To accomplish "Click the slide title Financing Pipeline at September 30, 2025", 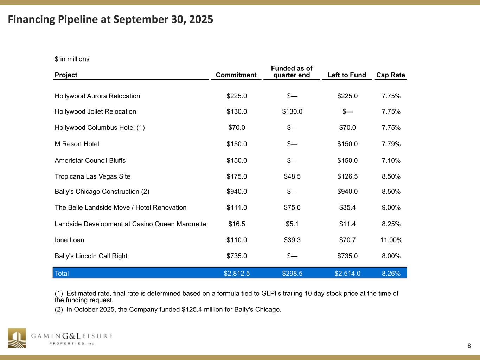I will coord(110,19).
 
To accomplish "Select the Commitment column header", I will coord(236,75).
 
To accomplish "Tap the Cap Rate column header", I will coord(390,75).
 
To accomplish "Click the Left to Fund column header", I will coord(347,75).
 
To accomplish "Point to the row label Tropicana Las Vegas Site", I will coord(92,176).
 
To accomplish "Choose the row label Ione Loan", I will coord(70,240).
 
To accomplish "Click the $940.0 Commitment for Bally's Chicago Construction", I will coord(237,192).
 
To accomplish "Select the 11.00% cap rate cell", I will coord(391,240).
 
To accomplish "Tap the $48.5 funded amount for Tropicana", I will coord(292,176).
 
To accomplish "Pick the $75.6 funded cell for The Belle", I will coord(292,207).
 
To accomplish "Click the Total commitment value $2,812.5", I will coord(237,273).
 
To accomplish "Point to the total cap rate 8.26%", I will coord(391,273).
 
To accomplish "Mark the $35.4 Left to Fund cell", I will coord(347,207).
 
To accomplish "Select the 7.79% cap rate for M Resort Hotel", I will coord(391,144).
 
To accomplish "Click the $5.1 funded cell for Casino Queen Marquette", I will coord(292,224).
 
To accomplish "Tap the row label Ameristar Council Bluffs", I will coord(90,160).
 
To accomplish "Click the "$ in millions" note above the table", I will coord(72,59).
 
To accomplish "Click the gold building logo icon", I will coord(17,338).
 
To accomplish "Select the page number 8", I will coord(469,346).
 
